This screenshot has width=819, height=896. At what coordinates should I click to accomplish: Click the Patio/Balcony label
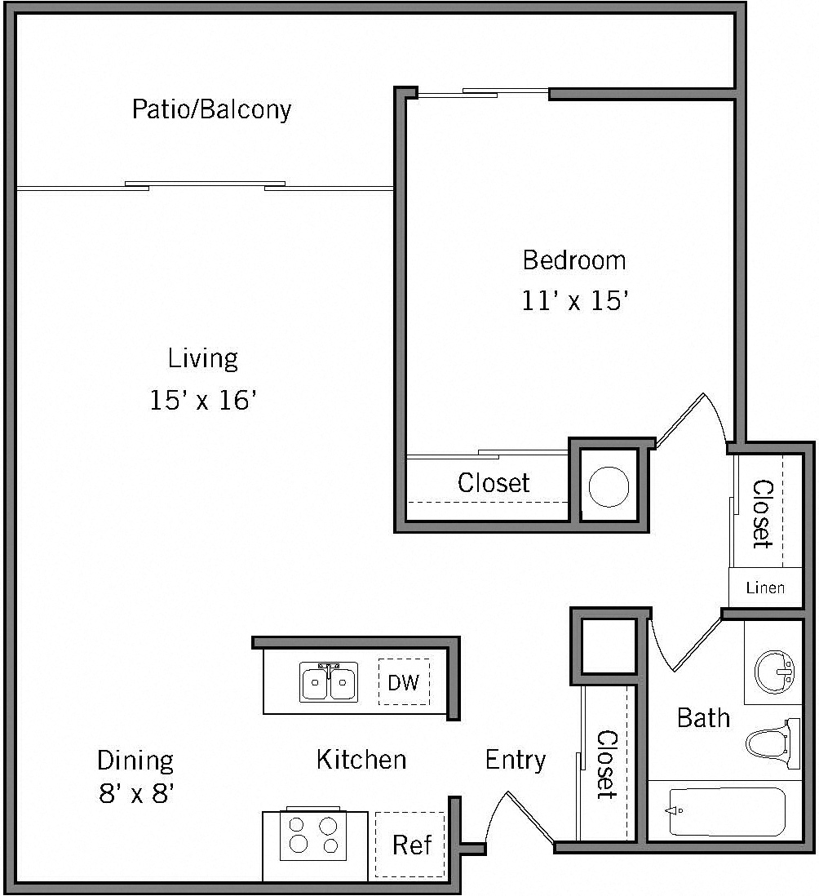tap(211, 109)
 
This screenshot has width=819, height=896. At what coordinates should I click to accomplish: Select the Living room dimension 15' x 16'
tap(204, 401)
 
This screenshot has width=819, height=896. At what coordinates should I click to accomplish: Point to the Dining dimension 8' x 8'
tap(136, 793)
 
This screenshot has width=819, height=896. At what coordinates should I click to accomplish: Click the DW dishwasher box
tap(403, 682)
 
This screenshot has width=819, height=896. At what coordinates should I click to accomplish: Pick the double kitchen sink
tap(329, 682)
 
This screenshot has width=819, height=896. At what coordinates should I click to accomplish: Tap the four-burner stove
tap(313, 835)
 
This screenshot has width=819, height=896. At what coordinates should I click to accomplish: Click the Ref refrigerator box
tap(411, 845)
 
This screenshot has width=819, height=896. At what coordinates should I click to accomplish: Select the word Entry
tap(516, 760)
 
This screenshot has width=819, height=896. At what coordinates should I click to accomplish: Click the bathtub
tap(726, 811)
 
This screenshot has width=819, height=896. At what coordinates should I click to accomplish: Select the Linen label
tap(765, 588)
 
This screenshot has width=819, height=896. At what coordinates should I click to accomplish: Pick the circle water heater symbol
tap(609, 487)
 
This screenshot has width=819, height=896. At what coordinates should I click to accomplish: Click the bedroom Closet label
tap(494, 483)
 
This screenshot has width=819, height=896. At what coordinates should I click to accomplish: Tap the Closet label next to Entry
tap(606, 764)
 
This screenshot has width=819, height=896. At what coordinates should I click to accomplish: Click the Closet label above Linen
tap(761, 512)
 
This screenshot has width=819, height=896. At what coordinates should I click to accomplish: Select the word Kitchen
tap(361, 760)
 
